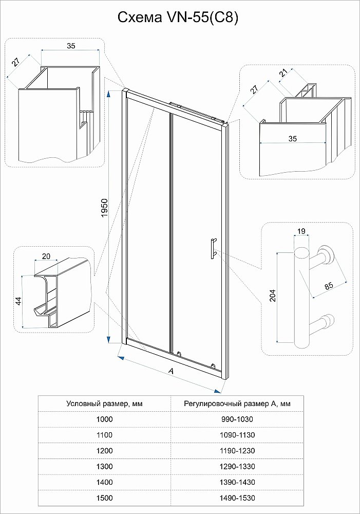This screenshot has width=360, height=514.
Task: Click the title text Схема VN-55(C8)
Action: pos(179,18)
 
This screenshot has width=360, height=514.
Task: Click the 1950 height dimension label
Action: pos(104,208)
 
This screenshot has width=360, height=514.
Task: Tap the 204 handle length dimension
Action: pos(272,297)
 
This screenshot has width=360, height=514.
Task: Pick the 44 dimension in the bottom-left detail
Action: pos(18,301)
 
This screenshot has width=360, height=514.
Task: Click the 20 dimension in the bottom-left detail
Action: pos(46,256)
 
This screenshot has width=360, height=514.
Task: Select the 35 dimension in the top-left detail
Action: pos(71,46)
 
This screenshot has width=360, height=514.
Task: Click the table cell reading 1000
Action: pos(104,419)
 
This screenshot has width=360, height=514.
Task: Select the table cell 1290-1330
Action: pos(237,466)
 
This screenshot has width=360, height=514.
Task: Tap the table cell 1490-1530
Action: pos(237,498)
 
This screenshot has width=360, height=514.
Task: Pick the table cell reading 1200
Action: pos(104,451)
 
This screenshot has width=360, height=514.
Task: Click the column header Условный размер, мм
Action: pos(104,403)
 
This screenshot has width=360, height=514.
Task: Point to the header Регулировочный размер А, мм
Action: pos(237,403)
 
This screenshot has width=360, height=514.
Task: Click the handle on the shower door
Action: pos(212,252)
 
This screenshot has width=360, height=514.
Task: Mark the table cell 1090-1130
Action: pos(237,435)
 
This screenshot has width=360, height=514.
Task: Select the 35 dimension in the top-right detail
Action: pos(293,139)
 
